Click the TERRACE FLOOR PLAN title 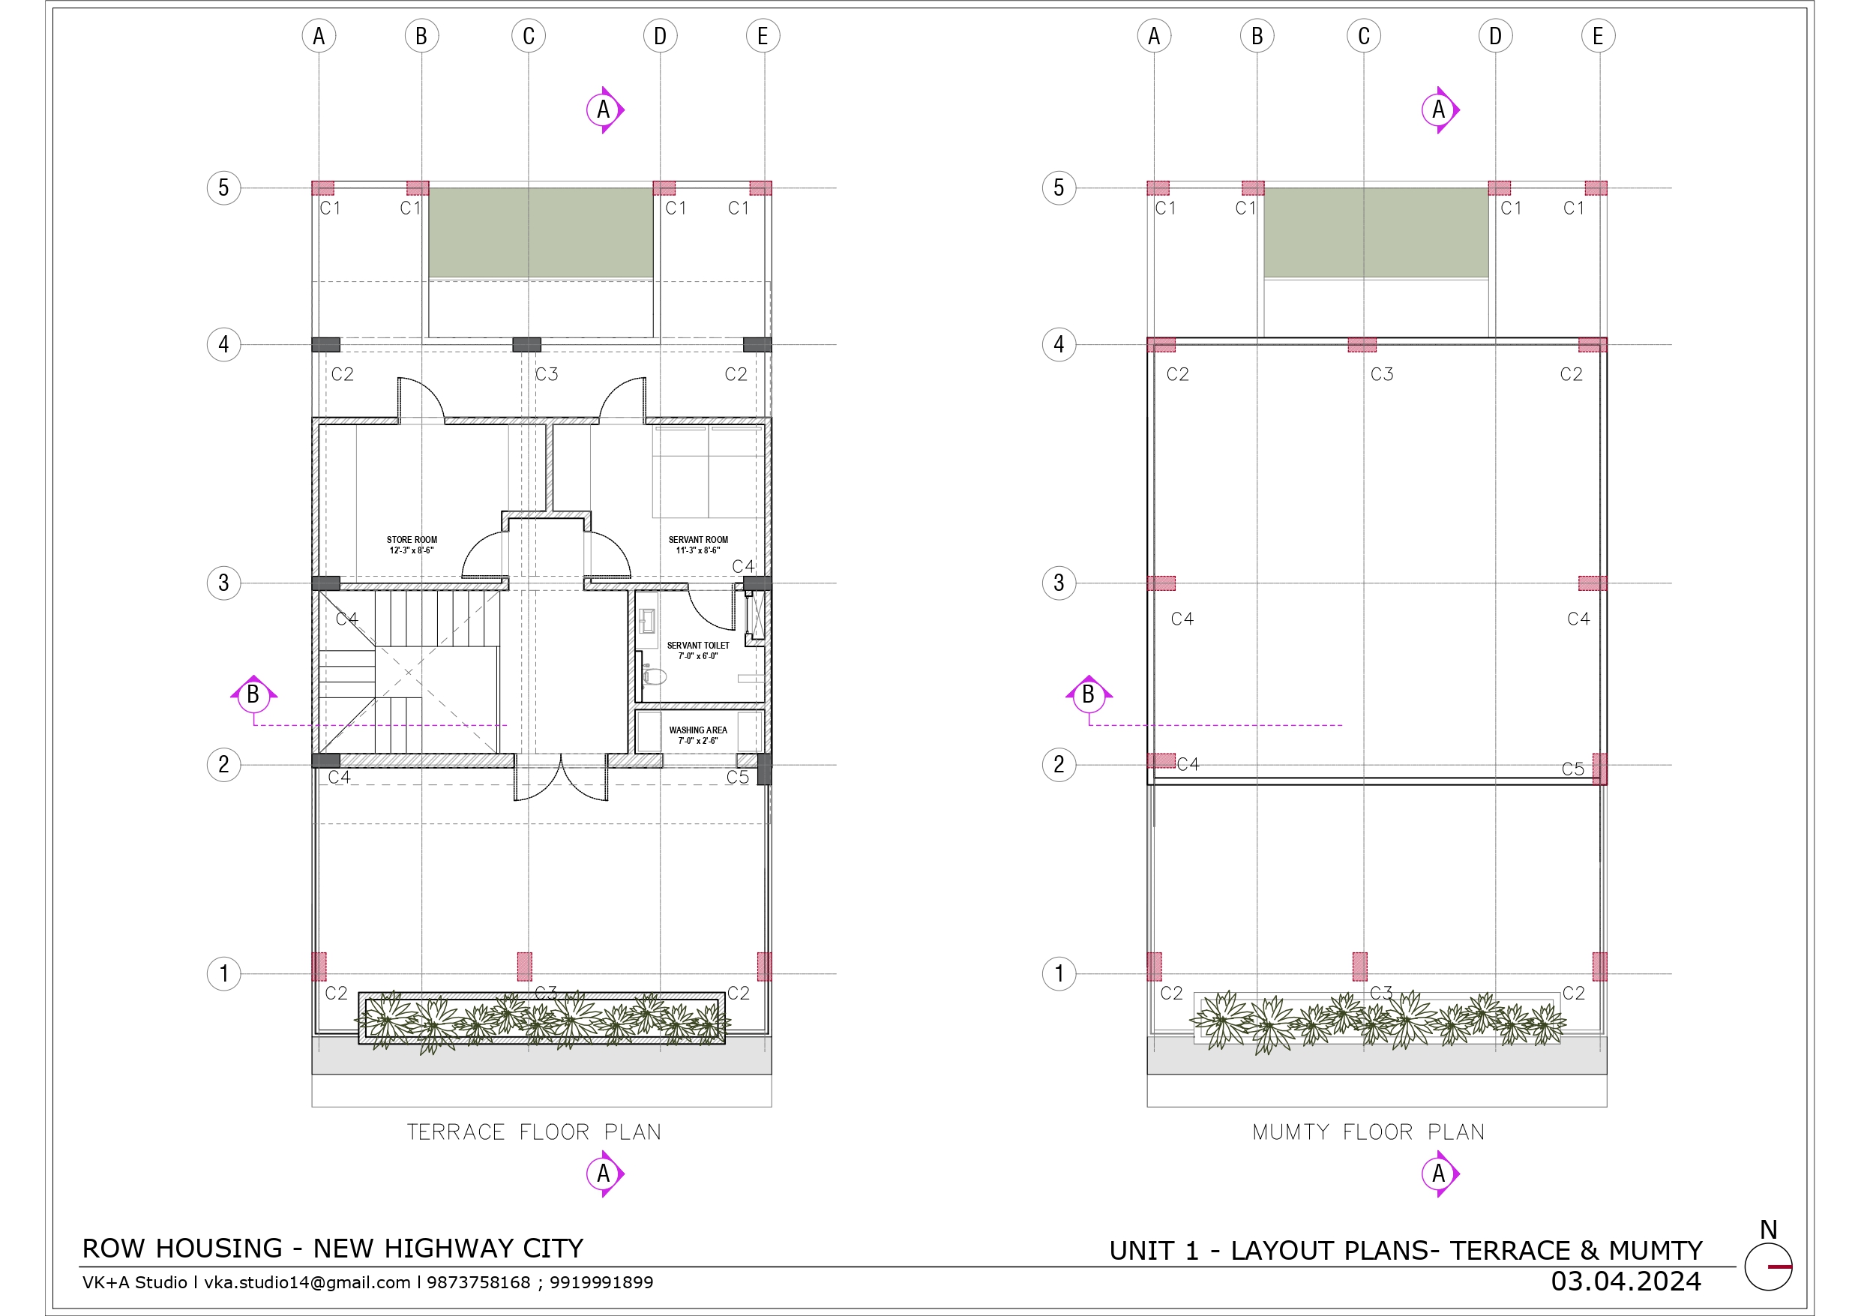point(534,1132)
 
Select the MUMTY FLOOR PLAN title point(1369,1132)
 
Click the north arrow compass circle point(1768,1267)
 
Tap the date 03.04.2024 point(1626,1282)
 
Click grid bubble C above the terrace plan point(529,36)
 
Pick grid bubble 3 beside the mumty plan point(1059,583)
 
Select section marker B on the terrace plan point(253,695)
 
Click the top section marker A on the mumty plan point(1440,109)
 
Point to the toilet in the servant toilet point(654,676)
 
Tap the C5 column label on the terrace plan point(738,777)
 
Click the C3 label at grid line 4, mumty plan point(1382,373)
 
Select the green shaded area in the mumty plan point(1377,232)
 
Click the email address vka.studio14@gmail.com point(307,1282)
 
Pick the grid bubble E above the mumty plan point(1598,36)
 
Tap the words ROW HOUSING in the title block point(182,1248)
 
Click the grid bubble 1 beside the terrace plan point(223,973)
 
